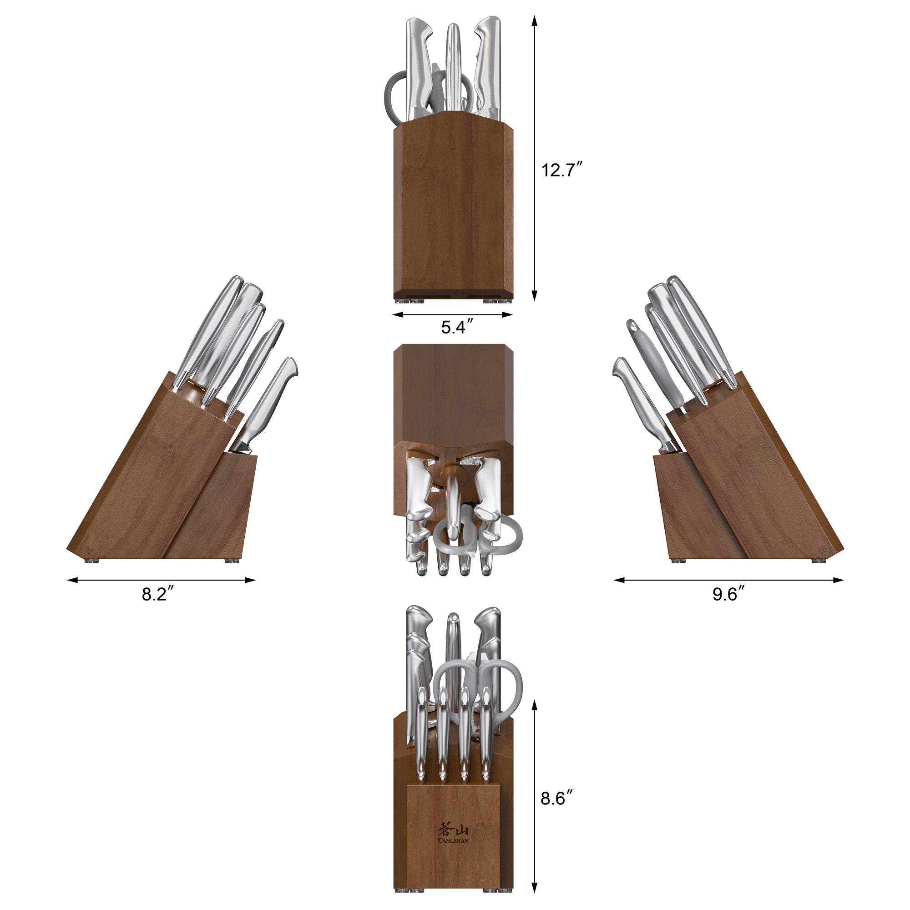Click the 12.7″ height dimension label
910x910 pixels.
coord(562,170)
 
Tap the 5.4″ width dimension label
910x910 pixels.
coord(457,327)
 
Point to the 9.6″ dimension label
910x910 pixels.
coord(728,594)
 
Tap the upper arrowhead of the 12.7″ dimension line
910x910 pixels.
coord(535,20)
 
